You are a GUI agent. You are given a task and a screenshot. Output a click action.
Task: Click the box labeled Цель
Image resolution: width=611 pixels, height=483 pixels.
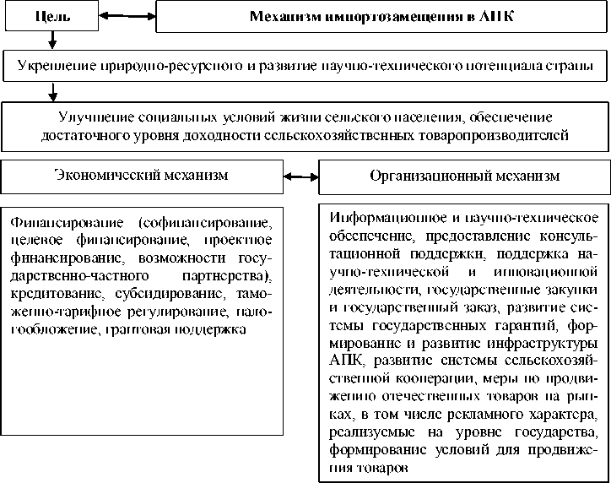(x=52, y=16)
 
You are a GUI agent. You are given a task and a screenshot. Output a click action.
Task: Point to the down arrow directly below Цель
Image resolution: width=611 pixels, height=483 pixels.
(x=52, y=39)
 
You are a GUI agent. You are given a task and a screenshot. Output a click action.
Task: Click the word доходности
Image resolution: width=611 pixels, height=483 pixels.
(x=224, y=134)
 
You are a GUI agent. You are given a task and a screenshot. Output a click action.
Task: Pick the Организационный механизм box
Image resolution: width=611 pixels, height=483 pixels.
(x=464, y=176)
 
